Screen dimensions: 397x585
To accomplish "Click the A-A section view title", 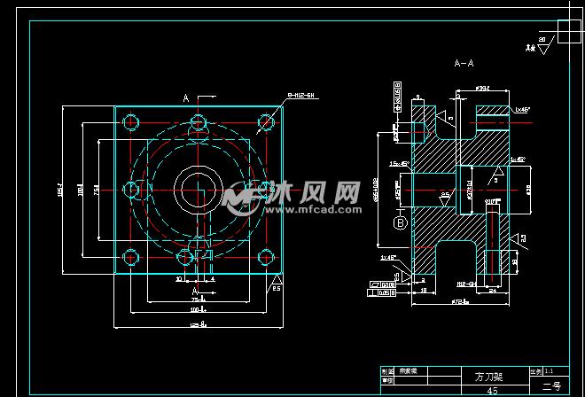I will tap(463, 64).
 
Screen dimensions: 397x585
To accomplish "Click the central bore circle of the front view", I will tap(197, 189).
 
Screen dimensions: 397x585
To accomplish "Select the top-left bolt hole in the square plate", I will tap(132, 121).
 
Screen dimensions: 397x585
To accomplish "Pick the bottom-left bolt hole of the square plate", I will tap(132, 258).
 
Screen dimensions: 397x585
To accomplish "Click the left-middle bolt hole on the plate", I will tap(132, 189).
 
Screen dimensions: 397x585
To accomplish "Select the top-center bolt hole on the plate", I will tap(197, 121).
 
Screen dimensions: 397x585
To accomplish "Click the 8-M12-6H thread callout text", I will tap(301, 94).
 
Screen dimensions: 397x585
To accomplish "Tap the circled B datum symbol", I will tap(400, 222).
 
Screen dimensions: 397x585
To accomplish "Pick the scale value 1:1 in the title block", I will tap(550, 370).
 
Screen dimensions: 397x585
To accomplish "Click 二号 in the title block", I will tap(550, 386).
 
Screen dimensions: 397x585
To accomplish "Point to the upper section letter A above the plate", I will tap(186, 97).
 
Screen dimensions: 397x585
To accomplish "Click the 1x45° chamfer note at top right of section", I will tap(522, 109).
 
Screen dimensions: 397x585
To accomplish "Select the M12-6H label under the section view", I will tap(466, 284).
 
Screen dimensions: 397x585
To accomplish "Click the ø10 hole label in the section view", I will tap(493, 203).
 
